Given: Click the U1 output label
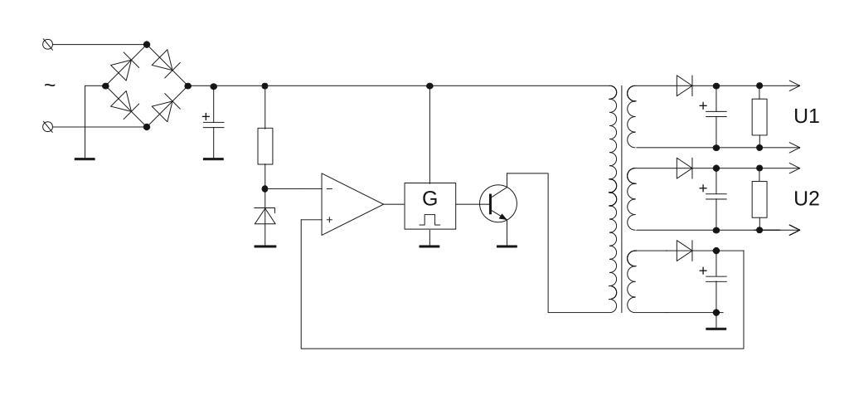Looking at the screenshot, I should tap(807, 117).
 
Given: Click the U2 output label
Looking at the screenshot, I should tap(807, 199).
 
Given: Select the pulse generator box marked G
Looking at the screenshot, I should tap(429, 205).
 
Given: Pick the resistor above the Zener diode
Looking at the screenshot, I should tap(264, 146).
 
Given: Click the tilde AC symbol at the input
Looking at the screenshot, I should tap(50, 85).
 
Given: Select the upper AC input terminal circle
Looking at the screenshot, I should tap(47, 44).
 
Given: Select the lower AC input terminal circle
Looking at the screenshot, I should tap(47, 127).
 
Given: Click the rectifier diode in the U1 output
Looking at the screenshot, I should tap(684, 85).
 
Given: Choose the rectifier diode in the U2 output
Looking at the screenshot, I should tap(684, 168).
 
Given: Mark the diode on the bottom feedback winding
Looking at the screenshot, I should tap(684, 250).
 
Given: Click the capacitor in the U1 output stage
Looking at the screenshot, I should tap(716, 115).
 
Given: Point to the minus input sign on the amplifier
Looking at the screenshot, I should tap(330, 189).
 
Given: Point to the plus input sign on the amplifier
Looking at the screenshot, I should tap(330, 220).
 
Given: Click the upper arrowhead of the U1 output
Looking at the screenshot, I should tap(794, 85).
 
